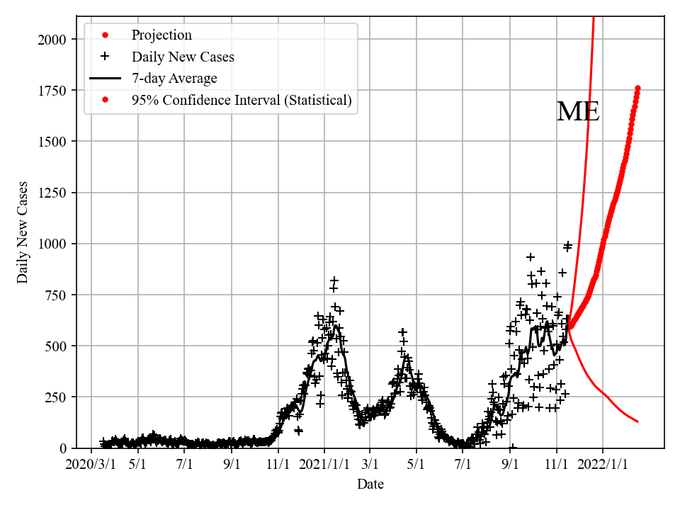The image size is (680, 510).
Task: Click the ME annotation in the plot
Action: pos(578,112)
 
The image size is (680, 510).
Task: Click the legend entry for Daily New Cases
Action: pos(182,57)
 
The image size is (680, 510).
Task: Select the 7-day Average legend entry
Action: pos(174,79)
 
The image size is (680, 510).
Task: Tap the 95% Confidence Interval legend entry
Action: pos(241,100)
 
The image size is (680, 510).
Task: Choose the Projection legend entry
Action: pos(161,35)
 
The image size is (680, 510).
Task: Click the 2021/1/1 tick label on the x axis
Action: pos(324,465)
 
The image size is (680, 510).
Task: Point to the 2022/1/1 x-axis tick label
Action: pos(603,465)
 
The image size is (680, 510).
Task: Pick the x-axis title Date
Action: pos(370,484)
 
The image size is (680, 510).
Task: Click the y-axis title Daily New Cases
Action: pos(23,232)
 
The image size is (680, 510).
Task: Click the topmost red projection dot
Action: pos(637,89)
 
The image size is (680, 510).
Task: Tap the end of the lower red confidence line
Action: pos(637,421)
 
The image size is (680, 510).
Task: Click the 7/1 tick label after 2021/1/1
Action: pos(463,465)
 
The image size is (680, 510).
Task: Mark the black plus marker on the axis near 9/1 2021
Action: pos(512,447)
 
